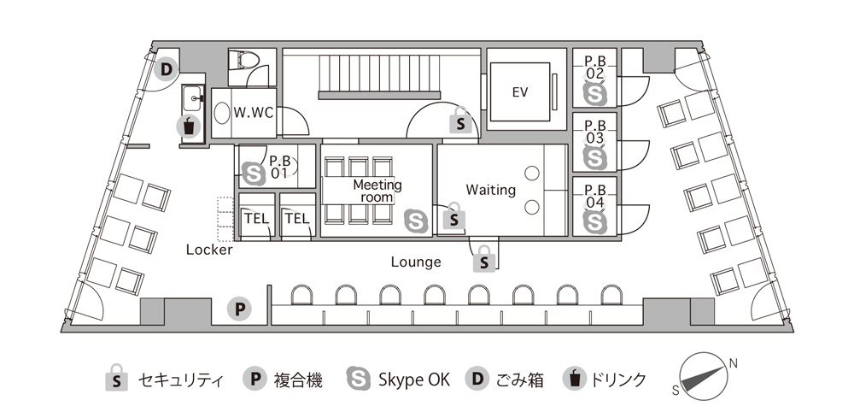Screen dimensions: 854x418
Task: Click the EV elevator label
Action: [520, 92]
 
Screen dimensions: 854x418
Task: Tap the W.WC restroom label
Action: [253, 114]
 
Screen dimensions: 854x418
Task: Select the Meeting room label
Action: [377, 191]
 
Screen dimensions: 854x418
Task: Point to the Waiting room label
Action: [490, 190]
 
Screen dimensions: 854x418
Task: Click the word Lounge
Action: [416, 262]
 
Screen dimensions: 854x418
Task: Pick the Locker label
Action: [209, 250]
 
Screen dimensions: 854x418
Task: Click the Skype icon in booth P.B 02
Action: [594, 93]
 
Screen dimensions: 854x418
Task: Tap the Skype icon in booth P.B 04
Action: [594, 221]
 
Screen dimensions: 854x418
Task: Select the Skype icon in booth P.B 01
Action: [254, 174]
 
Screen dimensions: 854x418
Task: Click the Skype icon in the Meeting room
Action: [416, 221]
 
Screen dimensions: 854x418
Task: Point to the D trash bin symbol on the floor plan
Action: [167, 69]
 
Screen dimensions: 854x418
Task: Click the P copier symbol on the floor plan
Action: [239, 309]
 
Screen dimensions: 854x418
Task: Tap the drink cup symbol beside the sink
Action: [189, 127]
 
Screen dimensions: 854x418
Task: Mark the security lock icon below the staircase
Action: [461, 121]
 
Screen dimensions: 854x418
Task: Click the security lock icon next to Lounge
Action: [484, 259]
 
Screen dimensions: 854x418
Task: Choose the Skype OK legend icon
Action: [359, 379]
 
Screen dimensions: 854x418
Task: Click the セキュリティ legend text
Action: [180, 380]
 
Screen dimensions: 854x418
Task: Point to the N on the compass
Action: [733, 363]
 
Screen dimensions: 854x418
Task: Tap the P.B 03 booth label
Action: [594, 132]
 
